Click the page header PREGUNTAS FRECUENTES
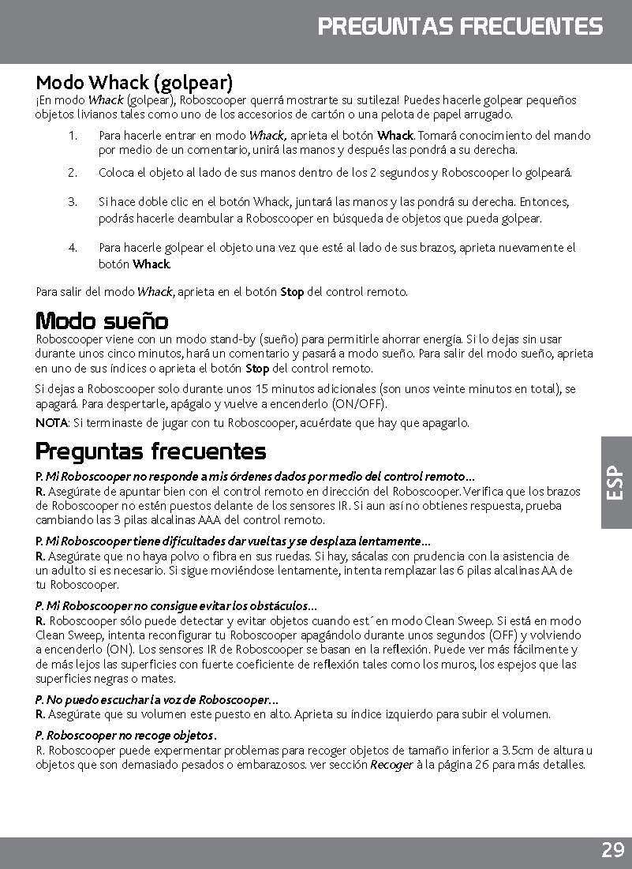[460, 27]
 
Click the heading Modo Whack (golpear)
[134, 82]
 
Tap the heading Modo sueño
[102, 321]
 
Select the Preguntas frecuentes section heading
[151, 451]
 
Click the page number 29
[611, 851]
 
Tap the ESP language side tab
[615, 484]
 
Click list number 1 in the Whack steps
[72, 136]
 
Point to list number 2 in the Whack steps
[72, 172]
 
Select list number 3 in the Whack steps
[72, 201]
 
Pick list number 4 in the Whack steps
[72, 248]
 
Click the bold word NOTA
[51, 423]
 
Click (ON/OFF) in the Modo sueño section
[354, 404]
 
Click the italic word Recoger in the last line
[391, 765]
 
